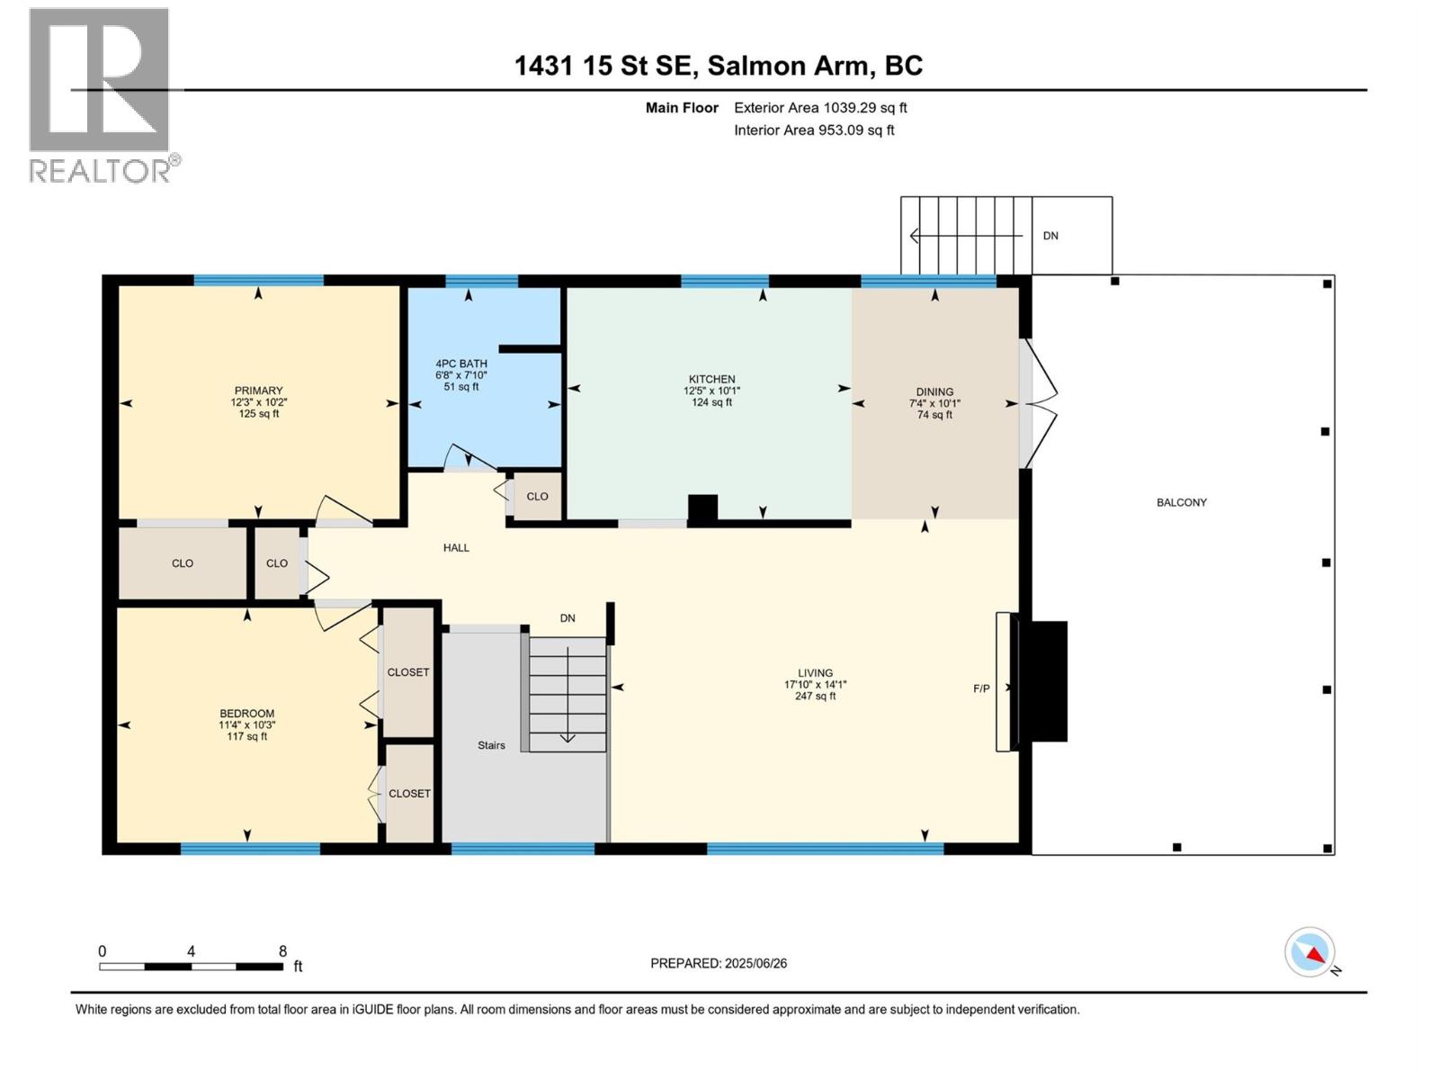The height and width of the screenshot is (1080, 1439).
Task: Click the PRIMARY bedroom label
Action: coord(258,391)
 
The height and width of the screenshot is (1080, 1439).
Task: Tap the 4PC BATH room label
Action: coord(461,364)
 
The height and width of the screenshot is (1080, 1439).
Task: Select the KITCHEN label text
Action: coord(711,379)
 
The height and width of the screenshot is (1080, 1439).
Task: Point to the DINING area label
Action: coord(934,391)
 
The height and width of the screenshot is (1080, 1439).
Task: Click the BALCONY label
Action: coord(1181,502)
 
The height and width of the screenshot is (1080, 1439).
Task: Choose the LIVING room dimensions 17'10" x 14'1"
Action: coord(815,684)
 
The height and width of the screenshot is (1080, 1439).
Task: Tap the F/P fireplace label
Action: coord(981,688)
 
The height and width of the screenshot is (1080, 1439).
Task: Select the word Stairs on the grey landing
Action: coord(491,745)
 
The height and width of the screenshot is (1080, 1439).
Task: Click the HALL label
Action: coord(456,547)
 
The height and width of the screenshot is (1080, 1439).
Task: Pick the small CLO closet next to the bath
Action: coord(537,496)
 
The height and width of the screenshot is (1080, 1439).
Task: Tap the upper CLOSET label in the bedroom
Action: coord(408,672)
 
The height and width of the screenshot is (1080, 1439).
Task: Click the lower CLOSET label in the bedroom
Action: coord(409,793)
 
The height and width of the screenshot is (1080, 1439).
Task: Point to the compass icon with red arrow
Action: coord(1310,952)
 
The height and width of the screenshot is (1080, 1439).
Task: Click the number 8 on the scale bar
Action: coord(282,951)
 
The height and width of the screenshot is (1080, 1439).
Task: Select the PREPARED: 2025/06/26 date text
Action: coord(719,963)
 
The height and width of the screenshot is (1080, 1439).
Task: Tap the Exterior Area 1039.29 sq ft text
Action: coord(820,107)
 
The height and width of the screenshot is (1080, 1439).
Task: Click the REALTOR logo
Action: coord(101,94)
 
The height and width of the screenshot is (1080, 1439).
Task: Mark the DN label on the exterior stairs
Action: coord(1050,236)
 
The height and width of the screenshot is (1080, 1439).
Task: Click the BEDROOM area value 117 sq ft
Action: coord(246,736)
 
